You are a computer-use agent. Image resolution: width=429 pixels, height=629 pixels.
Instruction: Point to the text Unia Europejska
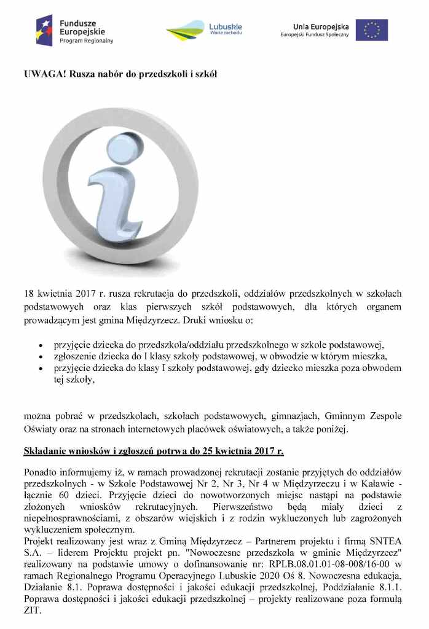tap(321, 26)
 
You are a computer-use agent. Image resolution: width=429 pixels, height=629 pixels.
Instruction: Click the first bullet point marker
tap(41, 345)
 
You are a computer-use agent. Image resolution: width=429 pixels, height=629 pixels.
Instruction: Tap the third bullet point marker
tap(41, 369)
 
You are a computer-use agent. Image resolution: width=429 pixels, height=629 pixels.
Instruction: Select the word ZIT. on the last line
tap(33, 612)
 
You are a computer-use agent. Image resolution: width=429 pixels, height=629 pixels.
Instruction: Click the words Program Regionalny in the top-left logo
tap(86, 41)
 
